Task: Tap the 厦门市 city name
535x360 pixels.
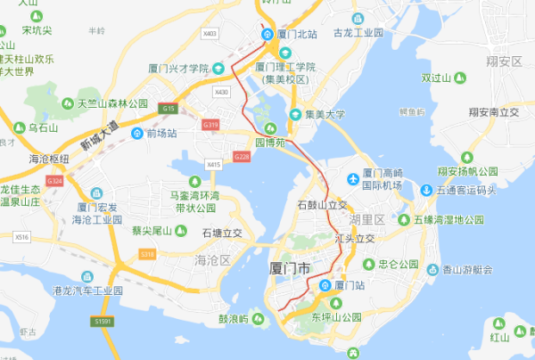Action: [290, 267]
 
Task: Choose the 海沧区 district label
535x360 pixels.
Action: [212, 259]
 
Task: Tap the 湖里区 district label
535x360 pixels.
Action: [366, 218]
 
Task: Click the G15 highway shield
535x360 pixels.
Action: [169, 108]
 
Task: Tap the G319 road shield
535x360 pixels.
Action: [210, 126]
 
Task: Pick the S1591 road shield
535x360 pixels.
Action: [105, 321]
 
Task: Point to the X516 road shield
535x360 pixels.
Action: [21, 237]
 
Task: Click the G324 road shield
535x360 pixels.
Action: [54, 181]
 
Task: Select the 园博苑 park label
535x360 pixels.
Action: [270, 142]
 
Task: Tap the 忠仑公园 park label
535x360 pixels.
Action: [398, 264]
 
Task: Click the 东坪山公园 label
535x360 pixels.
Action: [336, 316]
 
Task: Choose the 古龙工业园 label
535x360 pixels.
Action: [358, 33]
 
